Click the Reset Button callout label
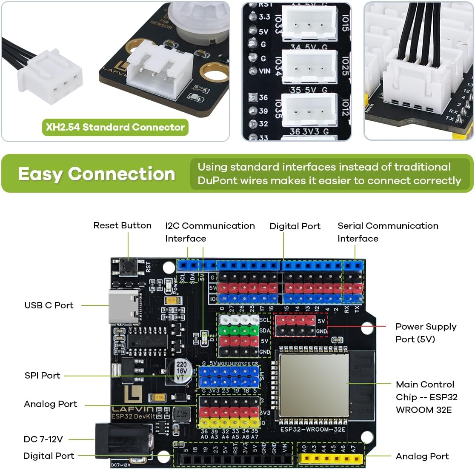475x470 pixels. pyautogui.click(x=122, y=225)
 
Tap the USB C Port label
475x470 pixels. pyautogui.click(x=49, y=305)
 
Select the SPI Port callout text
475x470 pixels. pyautogui.click(x=42, y=375)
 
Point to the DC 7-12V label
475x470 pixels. pyautogui.click(x=43, y=439)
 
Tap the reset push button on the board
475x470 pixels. pyautogui.click(x=128, y=267)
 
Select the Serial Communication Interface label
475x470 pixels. pyautogui.click(x=388, y=232)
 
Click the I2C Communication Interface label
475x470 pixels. pyautogui.click(x=210, y=232)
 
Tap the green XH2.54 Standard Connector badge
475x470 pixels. pyautogui.click(x=115, y=127)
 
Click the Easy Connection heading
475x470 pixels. pyautogui.click(x=97, y=174)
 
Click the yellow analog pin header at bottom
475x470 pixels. pyautogui.click(x=331, y=459)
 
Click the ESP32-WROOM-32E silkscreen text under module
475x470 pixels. pyautogui.click(x=313, y=429)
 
